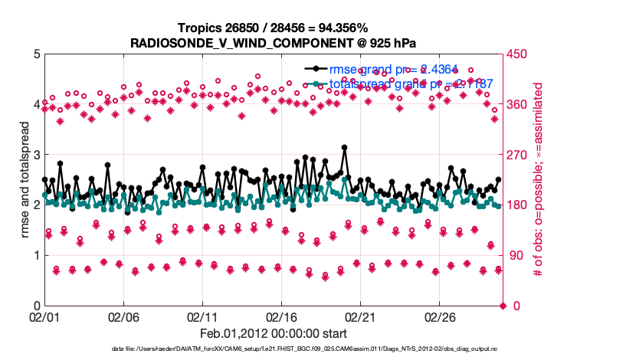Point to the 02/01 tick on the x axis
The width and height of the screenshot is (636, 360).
[44, 316]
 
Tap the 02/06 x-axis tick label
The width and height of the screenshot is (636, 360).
[123, 316]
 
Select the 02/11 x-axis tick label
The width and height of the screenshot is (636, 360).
[202, 316]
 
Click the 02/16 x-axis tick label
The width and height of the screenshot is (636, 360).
[280, 316]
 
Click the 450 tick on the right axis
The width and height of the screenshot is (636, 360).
[517, 54]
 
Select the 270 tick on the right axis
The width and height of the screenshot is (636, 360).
[517, 155]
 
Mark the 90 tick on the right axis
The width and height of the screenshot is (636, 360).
[514, 256]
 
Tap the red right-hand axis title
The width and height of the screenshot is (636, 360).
[539, 180]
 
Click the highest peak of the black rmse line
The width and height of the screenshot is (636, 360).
[345, 148]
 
